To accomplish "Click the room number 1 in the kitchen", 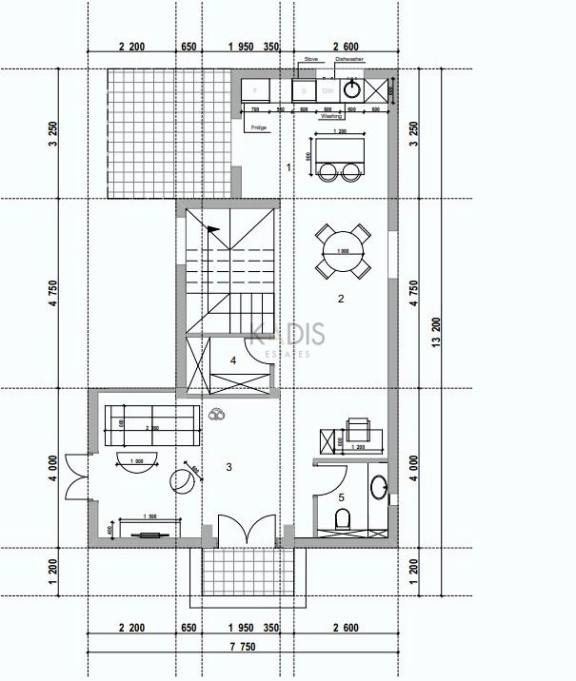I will point(288,167).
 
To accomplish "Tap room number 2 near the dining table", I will point(340,299).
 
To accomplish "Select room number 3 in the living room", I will point(228,466).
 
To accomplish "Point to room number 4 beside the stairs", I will point(233,360).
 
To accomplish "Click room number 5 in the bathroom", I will point(341,496).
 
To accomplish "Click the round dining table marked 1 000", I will point(343,251).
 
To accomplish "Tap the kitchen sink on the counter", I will point(353,90).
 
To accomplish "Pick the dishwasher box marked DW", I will point(327,90).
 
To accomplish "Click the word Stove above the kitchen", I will point(310,59).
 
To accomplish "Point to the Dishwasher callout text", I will point(349,59).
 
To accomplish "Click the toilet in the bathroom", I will point(344,518).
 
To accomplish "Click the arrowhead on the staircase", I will point(211,228).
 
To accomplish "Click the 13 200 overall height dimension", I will point(437,337).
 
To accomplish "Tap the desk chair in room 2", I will point(359,426).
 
